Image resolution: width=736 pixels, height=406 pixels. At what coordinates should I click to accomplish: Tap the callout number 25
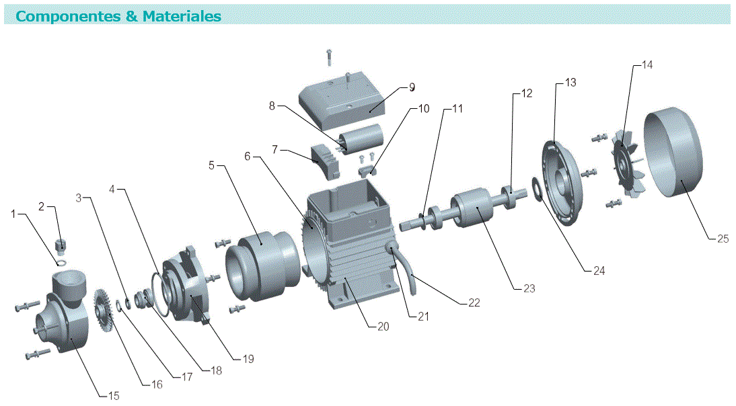tap(722, 238)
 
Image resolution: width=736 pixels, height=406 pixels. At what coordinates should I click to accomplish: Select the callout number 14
tap(647, 65)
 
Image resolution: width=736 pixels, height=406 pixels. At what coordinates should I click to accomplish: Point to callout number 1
tap(13, 214)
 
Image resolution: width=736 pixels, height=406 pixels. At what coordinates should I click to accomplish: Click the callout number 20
tap(383, 327)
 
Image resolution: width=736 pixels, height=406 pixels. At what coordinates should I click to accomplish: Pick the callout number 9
tap(412, 87)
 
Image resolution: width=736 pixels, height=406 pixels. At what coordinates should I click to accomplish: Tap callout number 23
tap(529, 288)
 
